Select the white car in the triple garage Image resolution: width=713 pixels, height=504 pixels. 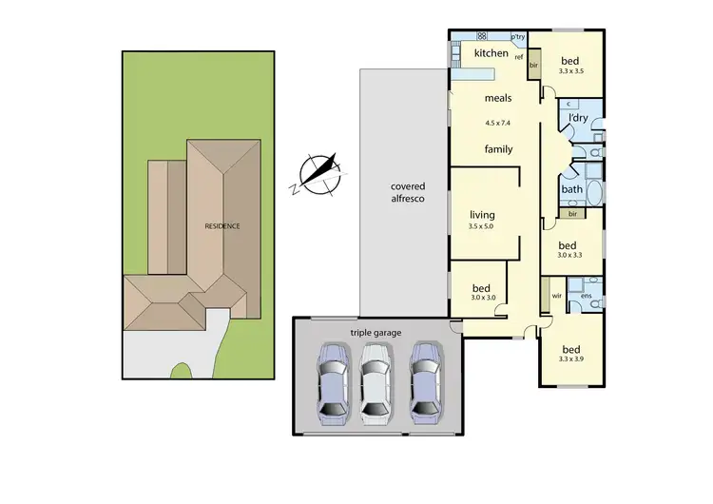pyautogui.click(x=376, y=382)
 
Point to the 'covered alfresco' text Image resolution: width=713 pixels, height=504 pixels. pyautogui.click(x=407, y=193)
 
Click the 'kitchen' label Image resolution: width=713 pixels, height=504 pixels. pyautogui.click(x=491, y=53)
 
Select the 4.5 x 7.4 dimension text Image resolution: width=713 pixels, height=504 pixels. pyautogui.click(x=498, y=123)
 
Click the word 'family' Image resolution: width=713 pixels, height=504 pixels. pyautogui.click(x=498, y=149)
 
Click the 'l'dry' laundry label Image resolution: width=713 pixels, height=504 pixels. pyautogui.click(x=577, y=118)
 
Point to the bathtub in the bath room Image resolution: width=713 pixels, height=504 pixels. pyautogui.click(x=595, y=193)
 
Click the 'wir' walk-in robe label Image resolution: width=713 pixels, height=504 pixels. pyautogui.click(x=557, y=296)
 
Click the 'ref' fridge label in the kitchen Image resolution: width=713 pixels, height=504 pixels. pyautogui.click(x=519, y=57)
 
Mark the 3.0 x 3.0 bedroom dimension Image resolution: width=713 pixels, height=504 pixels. pyautogui.click(x=482, y=298)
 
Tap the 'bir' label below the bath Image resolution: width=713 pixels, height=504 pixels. pyautogui.click(x=572, y=215)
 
